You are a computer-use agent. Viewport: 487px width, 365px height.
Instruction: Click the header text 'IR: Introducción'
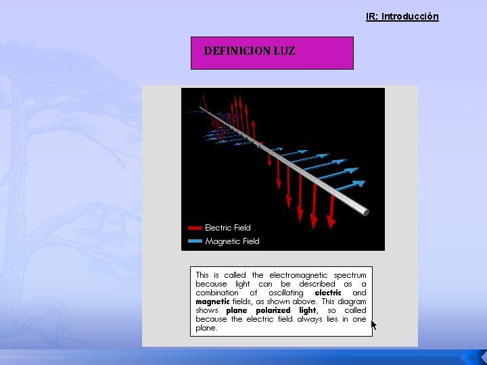tap(402, 16)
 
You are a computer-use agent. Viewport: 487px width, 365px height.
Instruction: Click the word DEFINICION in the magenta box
tap(237, 51)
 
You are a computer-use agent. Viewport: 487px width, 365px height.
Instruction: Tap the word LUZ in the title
tap(285, 51)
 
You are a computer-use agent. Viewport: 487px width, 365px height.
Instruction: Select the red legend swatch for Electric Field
tap(195, 228)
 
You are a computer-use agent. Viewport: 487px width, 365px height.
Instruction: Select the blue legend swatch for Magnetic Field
tap(195, 241)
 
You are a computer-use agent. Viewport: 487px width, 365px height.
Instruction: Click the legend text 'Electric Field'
tap(228, 228)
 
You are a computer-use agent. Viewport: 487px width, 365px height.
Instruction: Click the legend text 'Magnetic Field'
tap(232, 241)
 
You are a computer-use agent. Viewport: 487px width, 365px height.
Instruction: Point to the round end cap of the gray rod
tap(366, 213)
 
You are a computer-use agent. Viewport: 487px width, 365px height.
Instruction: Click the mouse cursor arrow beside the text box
tap(374, 325)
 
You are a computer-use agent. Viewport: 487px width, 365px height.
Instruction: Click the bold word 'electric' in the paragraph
tap(328, 293)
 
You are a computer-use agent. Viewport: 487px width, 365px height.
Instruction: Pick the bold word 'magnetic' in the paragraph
tap(213, 301)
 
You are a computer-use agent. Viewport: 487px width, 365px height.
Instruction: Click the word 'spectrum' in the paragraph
tap(350, 276)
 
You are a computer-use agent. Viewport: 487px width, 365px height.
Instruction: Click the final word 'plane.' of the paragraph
tap(206, 328)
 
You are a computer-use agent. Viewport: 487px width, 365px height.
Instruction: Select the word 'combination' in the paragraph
tap(217, 293)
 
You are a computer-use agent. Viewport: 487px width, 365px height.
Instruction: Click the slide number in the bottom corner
tap(472, 358)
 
